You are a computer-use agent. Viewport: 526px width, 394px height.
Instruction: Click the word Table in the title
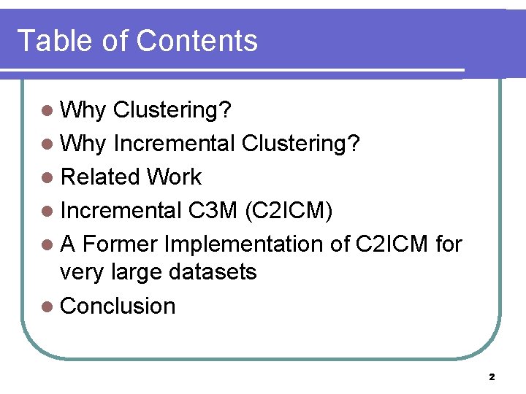56,41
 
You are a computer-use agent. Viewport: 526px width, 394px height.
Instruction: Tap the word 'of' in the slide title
115,41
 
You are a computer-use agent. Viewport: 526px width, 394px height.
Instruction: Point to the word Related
100,177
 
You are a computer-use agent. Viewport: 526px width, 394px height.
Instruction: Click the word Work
174,177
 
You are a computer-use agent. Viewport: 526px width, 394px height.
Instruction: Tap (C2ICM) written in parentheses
289,210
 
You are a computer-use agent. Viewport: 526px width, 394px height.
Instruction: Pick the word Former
126,244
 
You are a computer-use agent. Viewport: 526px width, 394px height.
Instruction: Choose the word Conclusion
118,306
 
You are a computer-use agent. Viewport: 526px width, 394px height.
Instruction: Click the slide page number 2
492,377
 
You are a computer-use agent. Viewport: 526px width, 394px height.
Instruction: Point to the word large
139,273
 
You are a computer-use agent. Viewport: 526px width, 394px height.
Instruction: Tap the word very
82,273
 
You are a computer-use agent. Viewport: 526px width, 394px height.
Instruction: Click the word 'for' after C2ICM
447,244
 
